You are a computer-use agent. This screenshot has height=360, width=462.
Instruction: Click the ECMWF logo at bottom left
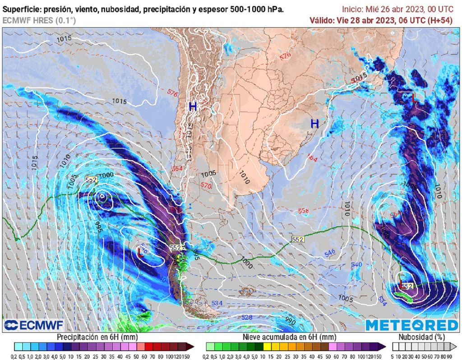pyautogui.click(x=33, y=325)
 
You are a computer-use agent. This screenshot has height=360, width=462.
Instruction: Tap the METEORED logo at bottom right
pyautogui.click(x=411, y=325)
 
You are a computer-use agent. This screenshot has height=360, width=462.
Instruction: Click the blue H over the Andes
pyautogui.click(x=193, y=107)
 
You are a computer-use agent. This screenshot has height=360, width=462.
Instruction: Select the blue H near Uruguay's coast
pyautogui.click(x=314, y=123)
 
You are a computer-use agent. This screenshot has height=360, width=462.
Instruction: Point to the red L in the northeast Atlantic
pyautogui.click(x=414, y=98)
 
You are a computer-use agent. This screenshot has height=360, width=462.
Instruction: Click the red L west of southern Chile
pyautogui.click(x=140, y=253)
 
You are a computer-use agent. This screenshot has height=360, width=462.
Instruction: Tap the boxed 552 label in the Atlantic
pyautogui.click(x=297, y=240)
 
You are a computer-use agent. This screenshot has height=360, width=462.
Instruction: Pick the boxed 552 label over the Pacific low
pyautogui.click(x=91, y=180)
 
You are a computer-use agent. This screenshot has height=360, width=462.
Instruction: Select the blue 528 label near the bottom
pyautogui.click(x=246, y=318)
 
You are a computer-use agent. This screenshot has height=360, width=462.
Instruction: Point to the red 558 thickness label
pyautogui.click(x=303, y=211)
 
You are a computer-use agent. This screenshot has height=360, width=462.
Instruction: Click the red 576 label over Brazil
pyautogui.click(x=285, y=56)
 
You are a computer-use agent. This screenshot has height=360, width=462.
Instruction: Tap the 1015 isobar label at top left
pyautogui.click(x=64, y=39)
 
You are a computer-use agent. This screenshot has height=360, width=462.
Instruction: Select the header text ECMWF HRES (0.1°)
pyautogui.click(x=39, y=20)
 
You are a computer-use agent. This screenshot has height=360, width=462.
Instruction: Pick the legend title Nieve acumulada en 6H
pyautogui.click(x=289, y=337)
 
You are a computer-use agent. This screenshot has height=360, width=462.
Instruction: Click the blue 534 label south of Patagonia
pyautogui.click(x=217, y=303)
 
